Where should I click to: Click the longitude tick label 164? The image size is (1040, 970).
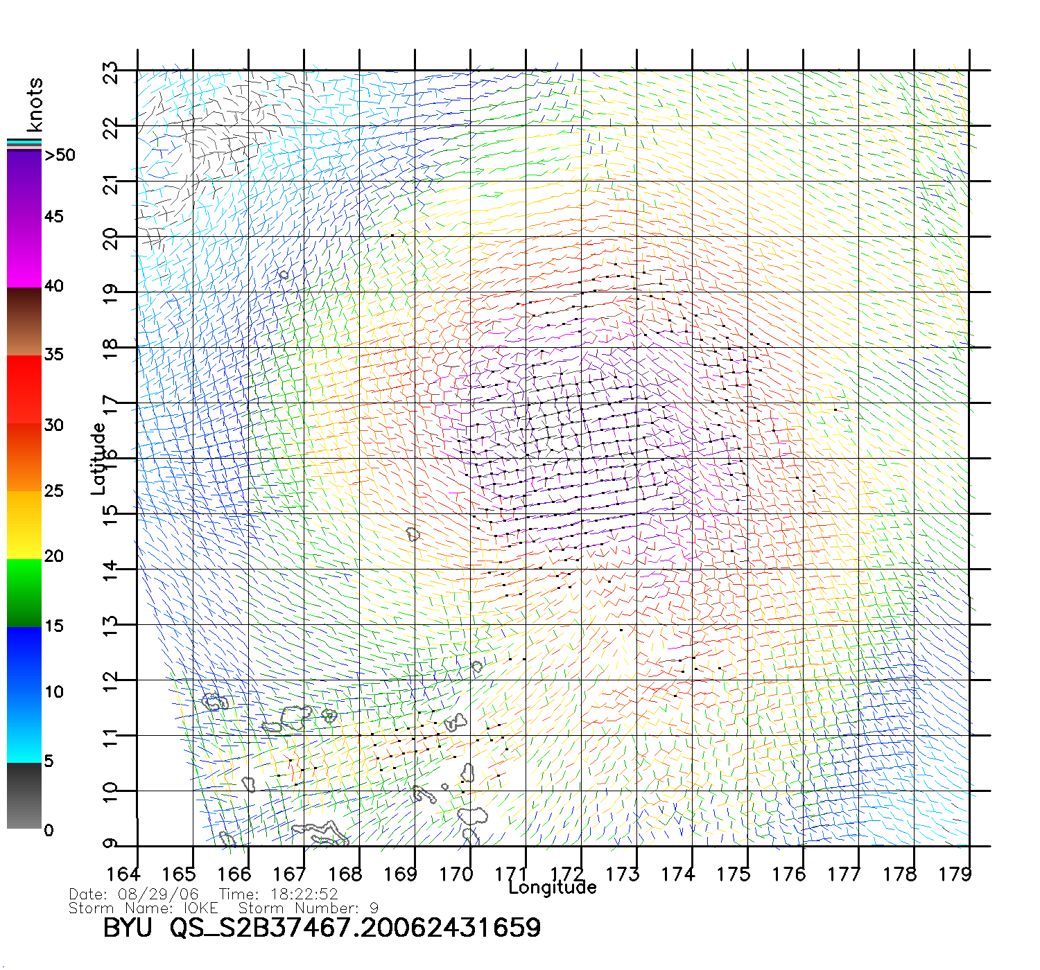coord(123,874)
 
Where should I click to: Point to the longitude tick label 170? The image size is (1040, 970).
coord(456,874)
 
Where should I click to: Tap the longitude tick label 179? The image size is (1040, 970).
coord(955,874)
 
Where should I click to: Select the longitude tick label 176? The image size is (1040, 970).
coord(789,874)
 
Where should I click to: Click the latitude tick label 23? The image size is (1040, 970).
coord(110,73)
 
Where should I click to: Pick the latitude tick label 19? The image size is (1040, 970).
coord(110,294)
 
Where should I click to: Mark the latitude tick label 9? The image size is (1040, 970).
coord(110,843)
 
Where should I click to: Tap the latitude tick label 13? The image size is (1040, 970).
coord(110,626)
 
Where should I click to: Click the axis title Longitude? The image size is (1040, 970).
coord(553,888)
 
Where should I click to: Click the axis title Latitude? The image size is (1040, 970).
coord(98,459)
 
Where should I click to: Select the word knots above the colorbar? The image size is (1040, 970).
coord(34,105)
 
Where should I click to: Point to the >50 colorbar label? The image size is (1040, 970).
coord(60,155)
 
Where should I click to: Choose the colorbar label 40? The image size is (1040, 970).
coord(54,286)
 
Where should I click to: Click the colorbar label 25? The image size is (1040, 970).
coord(54,491)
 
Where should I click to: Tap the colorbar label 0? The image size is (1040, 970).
coord(49,831)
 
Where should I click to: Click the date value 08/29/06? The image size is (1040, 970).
coord(159,894)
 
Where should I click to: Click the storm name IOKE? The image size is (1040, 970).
coord(200,908)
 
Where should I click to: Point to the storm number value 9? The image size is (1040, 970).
coord(374,908)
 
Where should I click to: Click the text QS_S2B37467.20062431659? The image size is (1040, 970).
coord(356,928)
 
